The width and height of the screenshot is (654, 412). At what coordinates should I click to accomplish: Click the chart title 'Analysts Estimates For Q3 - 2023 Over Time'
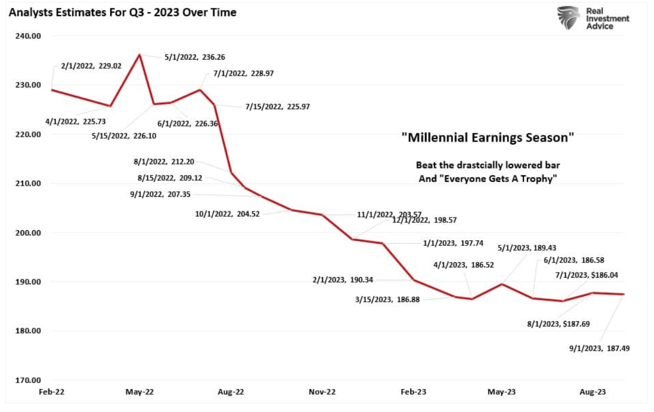[x=122, y=12]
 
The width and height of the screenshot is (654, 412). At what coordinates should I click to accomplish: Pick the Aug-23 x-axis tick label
[x=593, y=392]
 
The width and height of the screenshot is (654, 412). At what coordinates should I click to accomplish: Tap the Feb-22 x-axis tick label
[x=51, y=392]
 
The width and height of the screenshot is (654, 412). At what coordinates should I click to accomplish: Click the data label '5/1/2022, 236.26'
[x=195, y=57]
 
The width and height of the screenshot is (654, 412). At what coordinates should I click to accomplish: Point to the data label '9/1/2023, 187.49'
[x=599, y=350]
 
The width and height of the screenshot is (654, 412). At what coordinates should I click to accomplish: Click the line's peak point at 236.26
[x=139, y=54]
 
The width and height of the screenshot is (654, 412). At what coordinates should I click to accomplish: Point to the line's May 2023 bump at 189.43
[x=502, y=284]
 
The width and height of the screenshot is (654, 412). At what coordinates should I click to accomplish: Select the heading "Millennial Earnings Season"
[x=487, y=137]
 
